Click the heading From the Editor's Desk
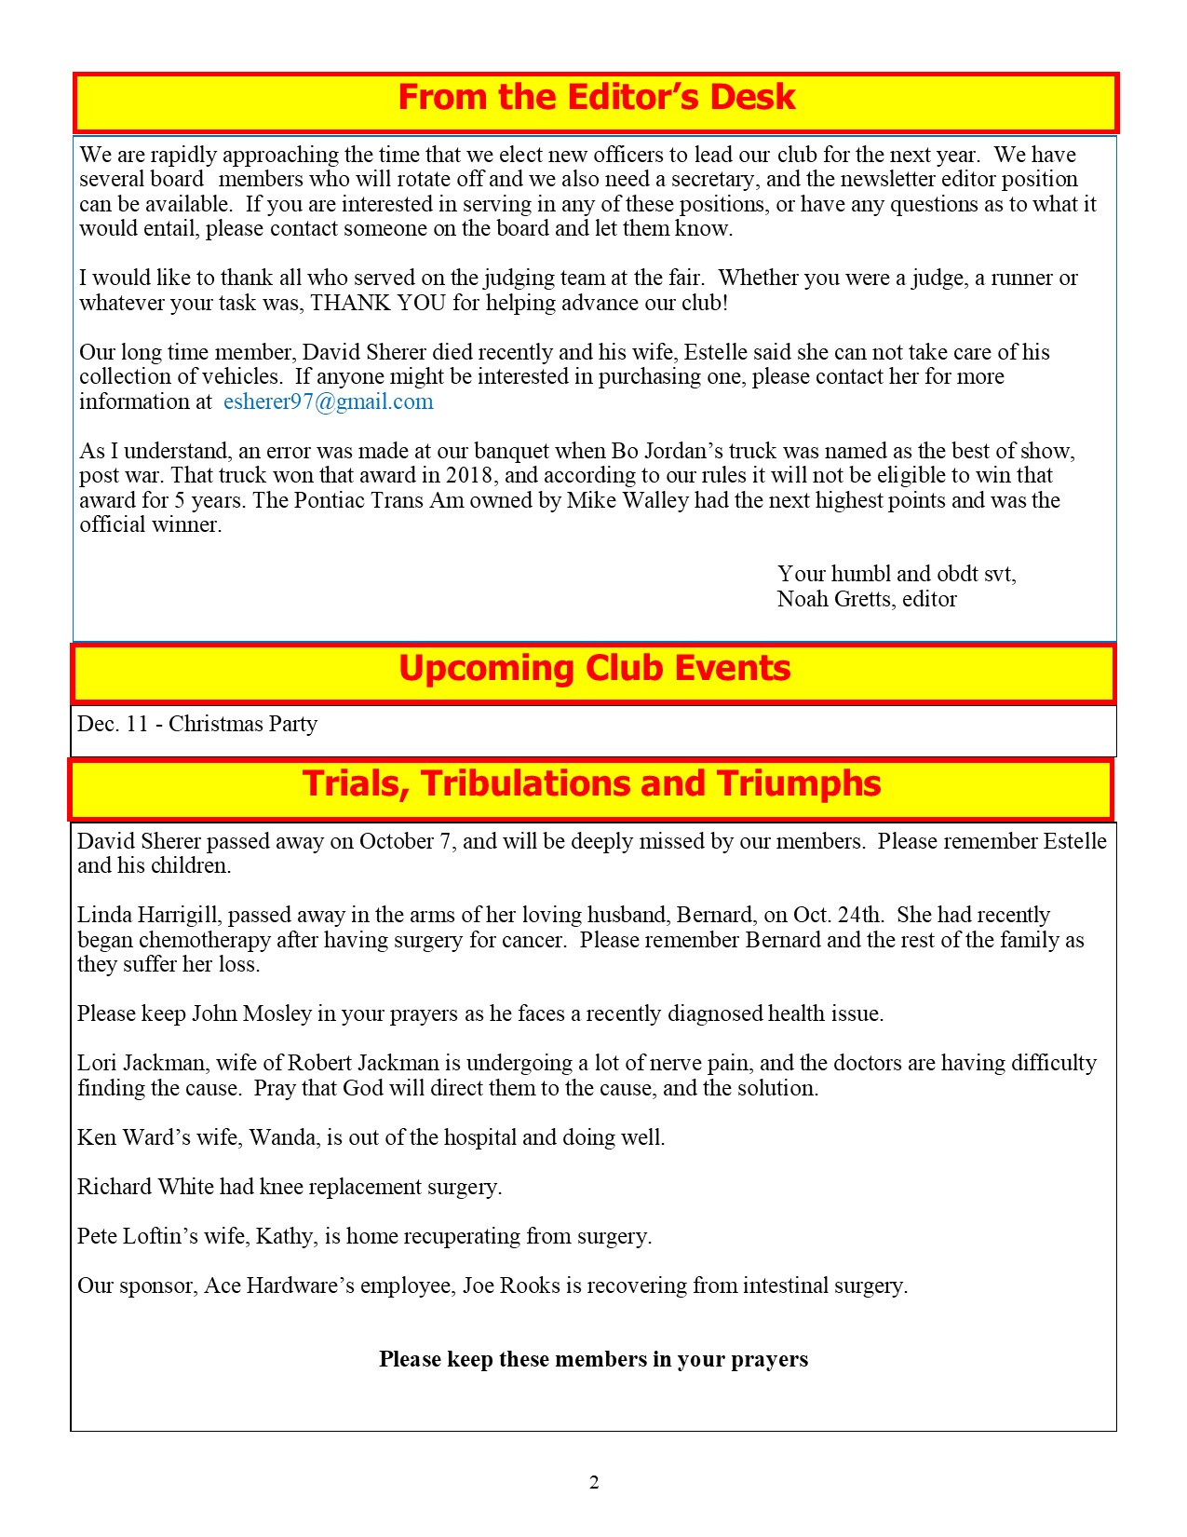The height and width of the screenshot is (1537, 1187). [596, 98]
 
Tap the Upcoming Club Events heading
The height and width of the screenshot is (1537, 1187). [594, 669]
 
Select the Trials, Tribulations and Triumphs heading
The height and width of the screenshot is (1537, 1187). [591, 783]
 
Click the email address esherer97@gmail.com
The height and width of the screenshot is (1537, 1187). [329, 401]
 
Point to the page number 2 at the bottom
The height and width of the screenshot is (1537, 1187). [594, 1482]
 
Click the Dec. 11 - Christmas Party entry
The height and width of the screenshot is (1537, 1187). [197, 724]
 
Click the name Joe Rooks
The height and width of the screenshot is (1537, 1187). [511, 1285]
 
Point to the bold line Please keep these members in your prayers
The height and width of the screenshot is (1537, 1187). [593, 1359]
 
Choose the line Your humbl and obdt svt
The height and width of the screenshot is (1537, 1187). [897, 574]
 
